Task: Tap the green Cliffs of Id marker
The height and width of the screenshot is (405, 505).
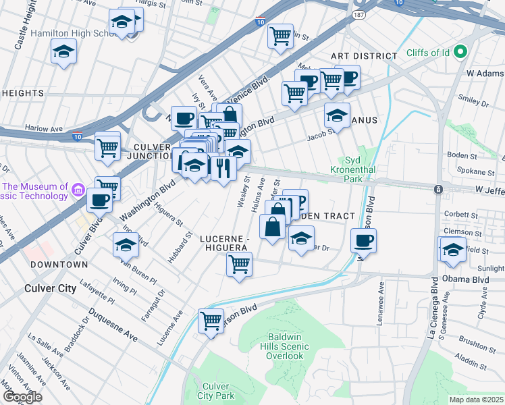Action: (x=461, y=52)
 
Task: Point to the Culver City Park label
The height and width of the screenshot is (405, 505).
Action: (x=215, y=391)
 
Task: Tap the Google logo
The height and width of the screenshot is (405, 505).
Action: (x=22, y=397)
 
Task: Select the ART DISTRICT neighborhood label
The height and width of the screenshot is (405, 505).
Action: (x=364, y=56)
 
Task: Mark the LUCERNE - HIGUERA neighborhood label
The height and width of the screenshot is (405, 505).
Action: (x=226, y=243)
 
